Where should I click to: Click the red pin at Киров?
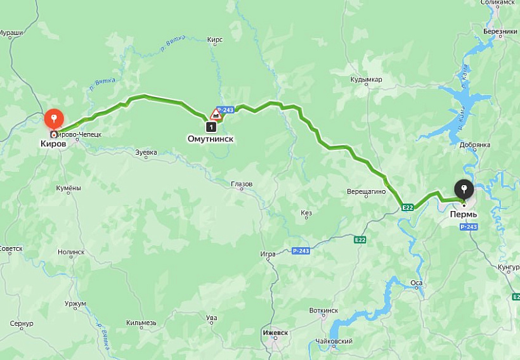click(54, 119)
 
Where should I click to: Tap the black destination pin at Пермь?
click(465, 189)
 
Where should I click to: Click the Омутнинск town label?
click(211, 138)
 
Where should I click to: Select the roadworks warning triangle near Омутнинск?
click(216, 115)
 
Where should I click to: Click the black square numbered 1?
click(212, 127)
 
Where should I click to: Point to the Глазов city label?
click(242, 184)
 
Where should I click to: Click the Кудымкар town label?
click(366, 80)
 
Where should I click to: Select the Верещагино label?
click(367, 191)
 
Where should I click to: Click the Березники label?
click(500, 32)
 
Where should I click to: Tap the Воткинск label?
click(324, 311)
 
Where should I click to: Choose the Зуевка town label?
click(146, 152)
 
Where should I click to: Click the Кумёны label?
click(68, 188)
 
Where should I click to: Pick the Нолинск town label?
click(71, 252)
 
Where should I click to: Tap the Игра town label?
click(268, 254)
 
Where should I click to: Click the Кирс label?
click(215, 39)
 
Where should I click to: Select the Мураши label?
click(10, 32)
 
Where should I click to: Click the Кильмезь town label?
click(141, 323)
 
